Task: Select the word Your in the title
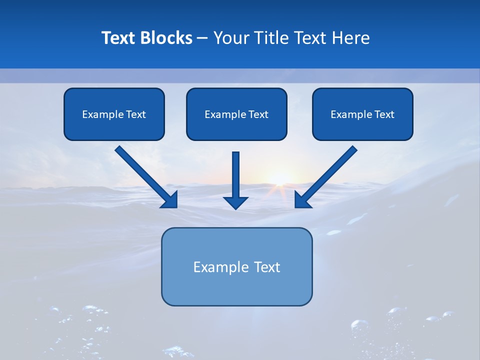[231, 38]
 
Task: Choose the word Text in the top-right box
[384, 114]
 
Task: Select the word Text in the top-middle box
[258, 114]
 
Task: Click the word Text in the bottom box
[267, 267]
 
